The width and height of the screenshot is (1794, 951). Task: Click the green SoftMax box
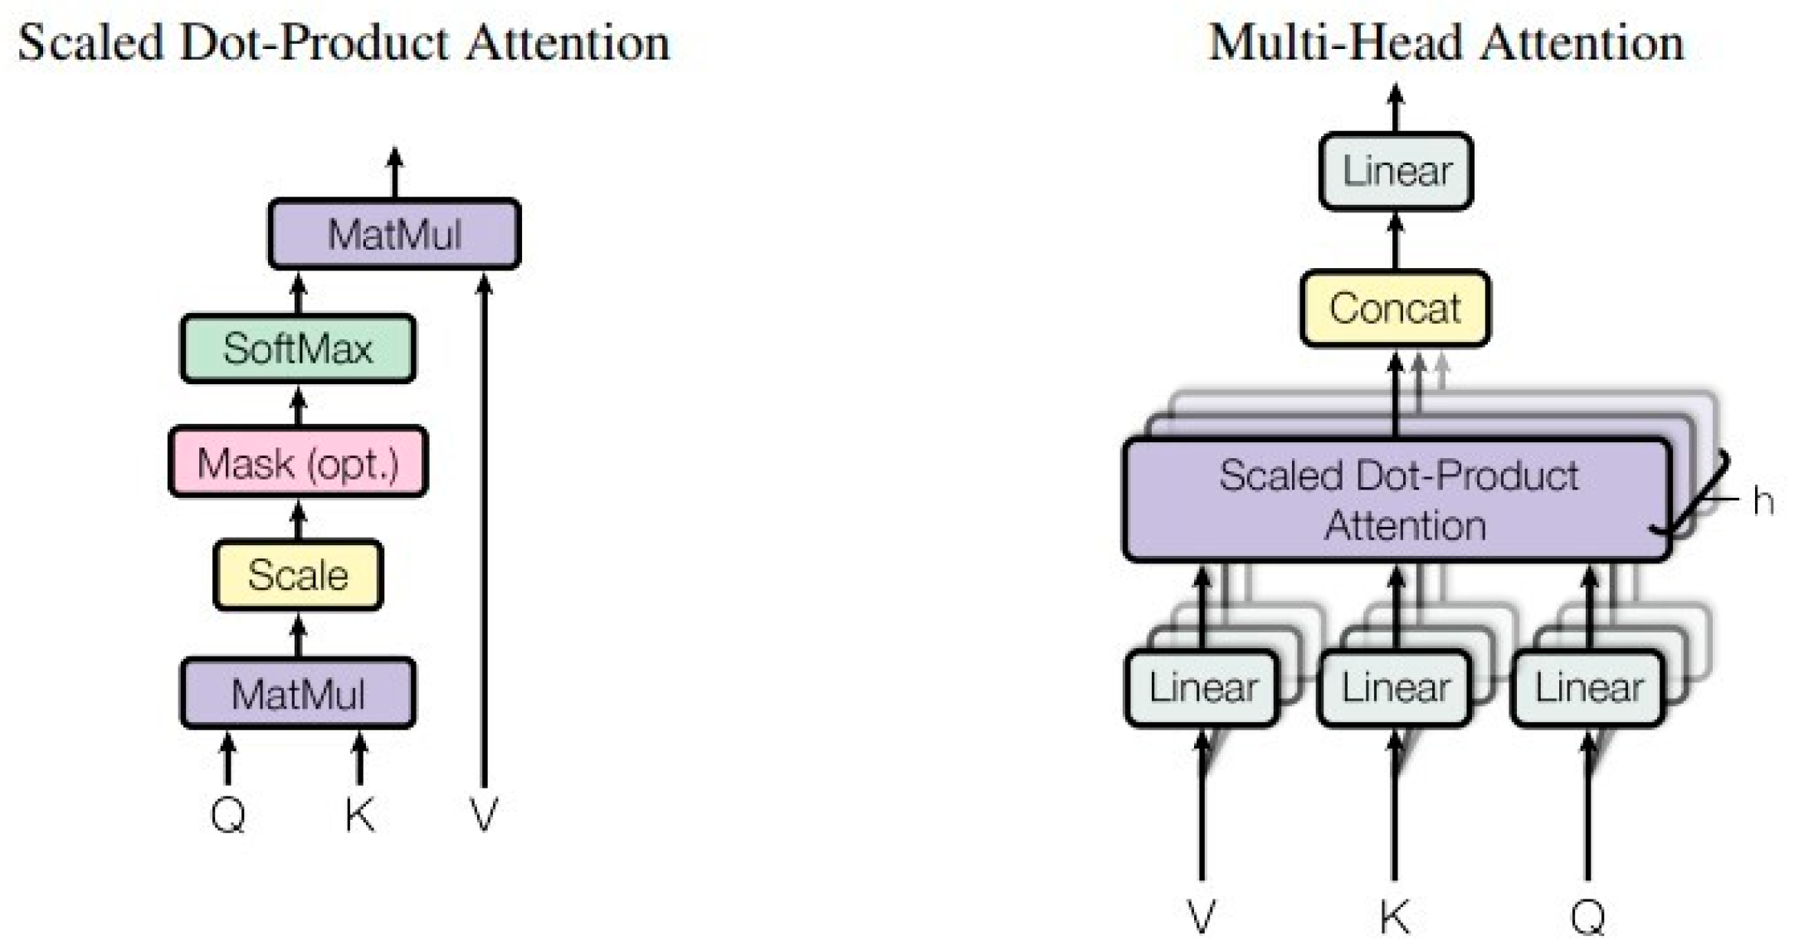coord(298,349)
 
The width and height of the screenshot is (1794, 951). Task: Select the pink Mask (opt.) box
coord(298,462)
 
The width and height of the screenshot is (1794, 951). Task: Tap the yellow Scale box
coord(298,575)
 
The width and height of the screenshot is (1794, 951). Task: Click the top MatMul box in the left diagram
coord(394,234)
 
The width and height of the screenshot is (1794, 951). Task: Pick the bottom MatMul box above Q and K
coord(298,694)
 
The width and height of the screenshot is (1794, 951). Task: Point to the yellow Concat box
coord(1395,309)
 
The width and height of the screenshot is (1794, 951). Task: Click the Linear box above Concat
coord(1396,171)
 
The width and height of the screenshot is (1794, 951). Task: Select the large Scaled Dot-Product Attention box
coord(1396,500)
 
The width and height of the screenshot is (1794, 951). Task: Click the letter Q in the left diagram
coord(228,815)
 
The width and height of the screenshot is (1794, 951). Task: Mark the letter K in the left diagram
coord(359,815)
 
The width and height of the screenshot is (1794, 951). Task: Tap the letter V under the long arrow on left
coord(484,815)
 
